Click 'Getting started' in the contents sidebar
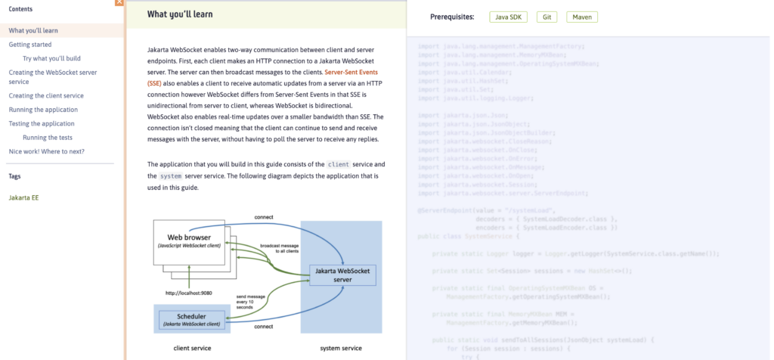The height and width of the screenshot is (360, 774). [30, 45]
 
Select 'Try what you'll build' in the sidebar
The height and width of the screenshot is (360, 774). [51, 58]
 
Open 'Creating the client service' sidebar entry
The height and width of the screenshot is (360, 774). [46, 96]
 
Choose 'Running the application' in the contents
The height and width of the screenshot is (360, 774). [42, 110]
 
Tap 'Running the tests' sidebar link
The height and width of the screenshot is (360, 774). [48, 138]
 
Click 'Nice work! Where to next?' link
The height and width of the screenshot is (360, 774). [47, 151]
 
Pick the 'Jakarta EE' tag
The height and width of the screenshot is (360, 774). [23, 197]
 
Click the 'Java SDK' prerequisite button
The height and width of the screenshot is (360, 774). [509, 17]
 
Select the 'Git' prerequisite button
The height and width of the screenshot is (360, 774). [547, 17]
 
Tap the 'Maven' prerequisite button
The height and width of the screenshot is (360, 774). [581, 17]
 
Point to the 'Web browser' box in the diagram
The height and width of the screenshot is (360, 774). [189, 242]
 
